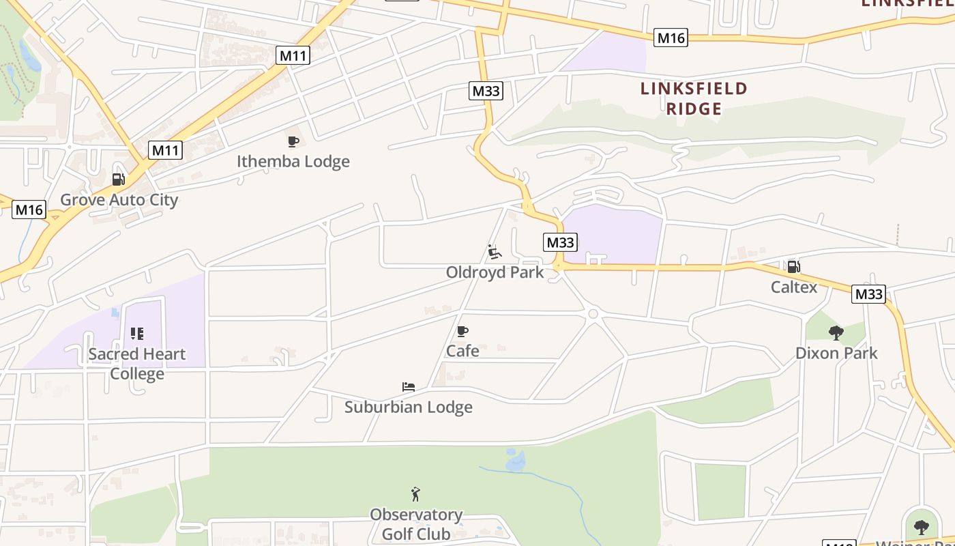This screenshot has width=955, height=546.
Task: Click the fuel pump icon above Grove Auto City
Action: pyautogui.click(x=118, y=179)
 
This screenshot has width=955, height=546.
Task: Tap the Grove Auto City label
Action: pyautogui.click(x=119, y=200)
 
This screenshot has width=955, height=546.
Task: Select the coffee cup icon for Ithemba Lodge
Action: pyautogui.click(x=293, y=141)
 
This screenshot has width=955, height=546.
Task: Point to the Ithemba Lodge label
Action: pyautogui.click(x=293, y=162)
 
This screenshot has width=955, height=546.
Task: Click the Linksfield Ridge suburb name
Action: pyautogui.click(x=694, y=98)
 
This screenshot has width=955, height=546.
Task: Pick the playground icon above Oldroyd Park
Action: pyautogui.click(x=495, y=252)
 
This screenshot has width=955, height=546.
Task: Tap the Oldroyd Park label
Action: pyautogui.click(x=495, y=272)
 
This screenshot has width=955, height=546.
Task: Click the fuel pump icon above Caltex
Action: pyautogui.click(x=793, y=266)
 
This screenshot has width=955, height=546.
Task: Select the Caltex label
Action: pyautogui.click(x=794, y=287)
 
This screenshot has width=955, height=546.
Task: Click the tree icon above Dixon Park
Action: pyautogui.click(x=836, y=333)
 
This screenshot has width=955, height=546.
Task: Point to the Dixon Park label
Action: pyautogui.click(x=836, y=354)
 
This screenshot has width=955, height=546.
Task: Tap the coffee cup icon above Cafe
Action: pyautogui.click(x=462, y=332)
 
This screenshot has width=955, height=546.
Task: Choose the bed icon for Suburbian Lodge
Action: pyautogui.click(x=409, y=387)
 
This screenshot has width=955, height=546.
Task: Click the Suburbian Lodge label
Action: pyautogui.click(x=409, y=407)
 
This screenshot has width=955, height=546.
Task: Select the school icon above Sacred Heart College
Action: pyautogui.click(x=137, y=334)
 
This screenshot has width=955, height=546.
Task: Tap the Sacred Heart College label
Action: pyautogui.click(x=137, y=364)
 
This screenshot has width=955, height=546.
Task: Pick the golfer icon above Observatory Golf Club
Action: pyautogui.click(x=415, y=494)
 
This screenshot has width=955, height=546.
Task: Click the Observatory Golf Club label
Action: pyautogui.click(x=416, y=524)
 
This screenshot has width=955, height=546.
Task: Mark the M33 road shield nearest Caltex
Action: pyautogui.click(x=868, y=294)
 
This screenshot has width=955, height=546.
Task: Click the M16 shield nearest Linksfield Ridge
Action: pyautogui.click(x=670, y=38)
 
